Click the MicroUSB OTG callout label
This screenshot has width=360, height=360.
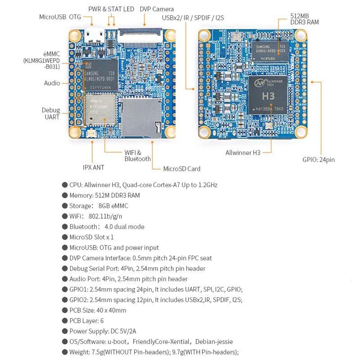[x=60, y=17]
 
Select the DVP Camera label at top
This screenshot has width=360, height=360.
[x=157, y=9]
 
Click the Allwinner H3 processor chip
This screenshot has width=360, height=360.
[x=268, y=95]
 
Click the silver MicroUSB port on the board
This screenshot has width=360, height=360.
[x=95, y=34]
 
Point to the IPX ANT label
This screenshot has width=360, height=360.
[x=93, y=167]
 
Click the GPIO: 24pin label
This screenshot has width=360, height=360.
[x=318, y=159]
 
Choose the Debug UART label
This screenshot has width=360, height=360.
[x=51, y=113]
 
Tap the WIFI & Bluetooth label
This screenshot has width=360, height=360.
[x=137, y=156]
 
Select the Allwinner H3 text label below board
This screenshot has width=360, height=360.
[x=243, y=153]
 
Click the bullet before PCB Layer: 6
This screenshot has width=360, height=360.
[x=65, y=320]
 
